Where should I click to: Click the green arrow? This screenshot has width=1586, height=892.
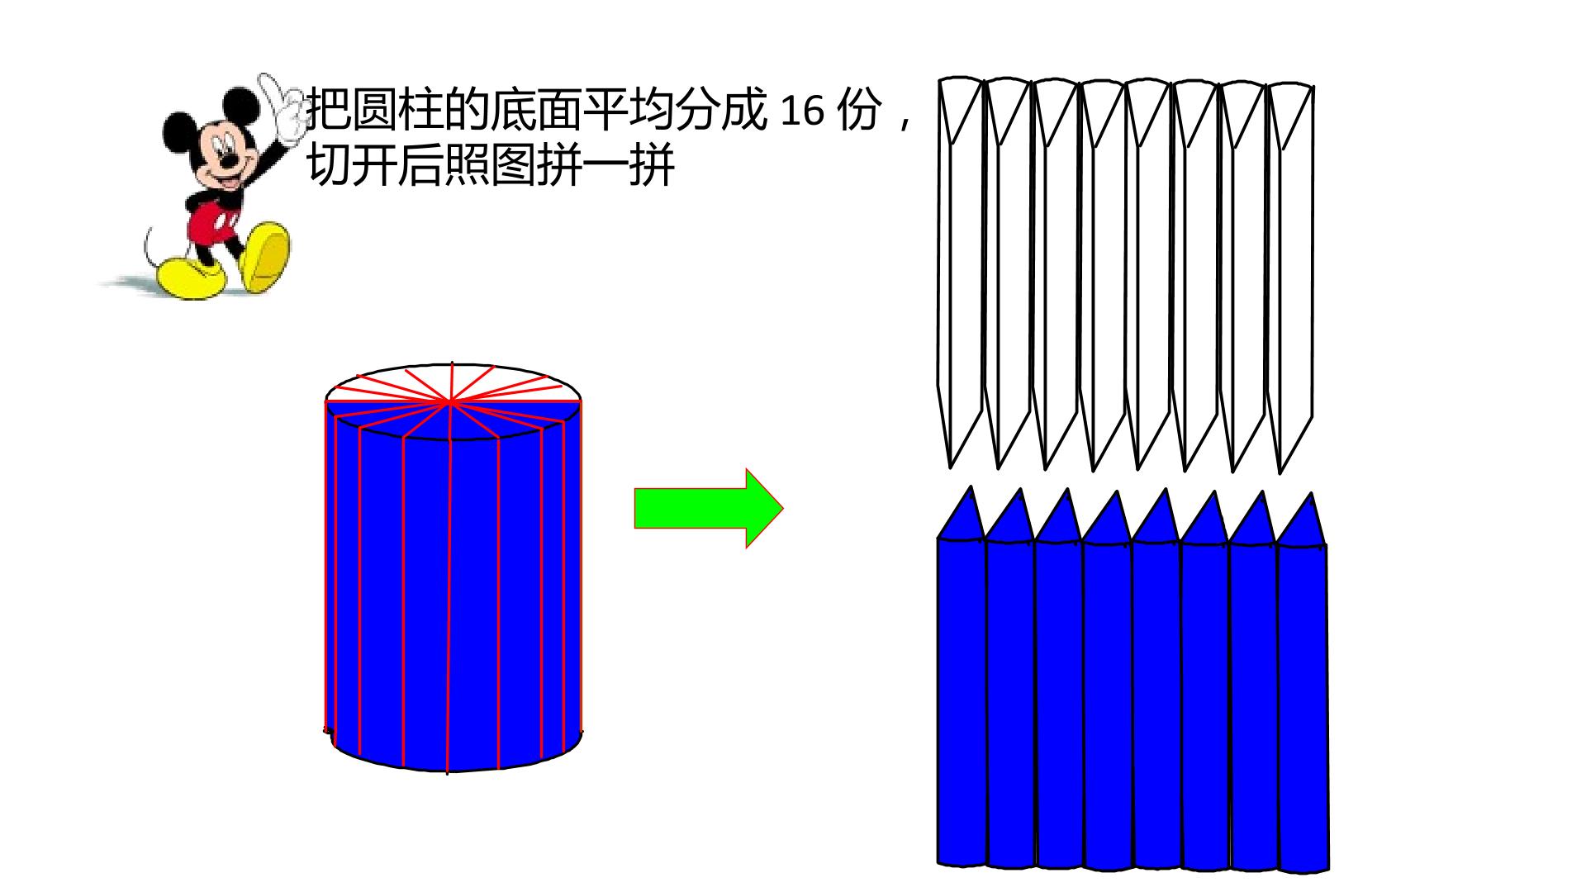(709, 508)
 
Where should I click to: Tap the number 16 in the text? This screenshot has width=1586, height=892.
(801, 111)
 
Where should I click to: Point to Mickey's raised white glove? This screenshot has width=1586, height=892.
(283, 107)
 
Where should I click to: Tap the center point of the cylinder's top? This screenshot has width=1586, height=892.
(450, 402)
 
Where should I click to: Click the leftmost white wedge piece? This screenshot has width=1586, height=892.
(961, 273)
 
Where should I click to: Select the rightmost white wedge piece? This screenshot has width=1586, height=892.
(1290, 277)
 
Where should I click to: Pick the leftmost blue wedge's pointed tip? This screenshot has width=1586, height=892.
(971, 486)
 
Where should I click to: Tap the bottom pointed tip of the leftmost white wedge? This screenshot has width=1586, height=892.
(951, 467)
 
